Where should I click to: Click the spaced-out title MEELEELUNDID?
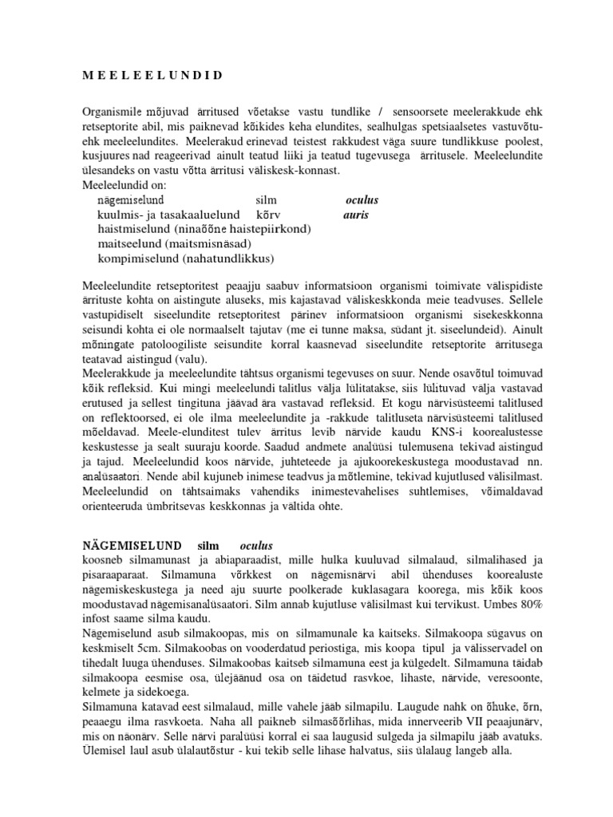[152, 75]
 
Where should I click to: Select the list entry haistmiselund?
[129, 229]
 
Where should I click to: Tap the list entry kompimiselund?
[132, 259]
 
